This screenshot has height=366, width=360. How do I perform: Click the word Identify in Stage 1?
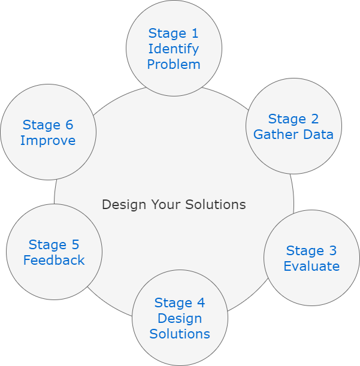(x=174, y=49)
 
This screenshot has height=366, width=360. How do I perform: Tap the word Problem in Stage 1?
(x=174, y=64)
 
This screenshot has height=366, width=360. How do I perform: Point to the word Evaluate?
(x=311, y=267)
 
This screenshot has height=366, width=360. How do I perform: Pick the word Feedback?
(x=54, y=261)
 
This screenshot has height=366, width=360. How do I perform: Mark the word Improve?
(x=48, y=141)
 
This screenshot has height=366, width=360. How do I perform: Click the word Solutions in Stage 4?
(x=180, y=334)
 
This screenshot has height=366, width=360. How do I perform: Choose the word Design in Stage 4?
(x=180, y=318)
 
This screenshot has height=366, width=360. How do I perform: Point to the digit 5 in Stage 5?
(x=75, y=244)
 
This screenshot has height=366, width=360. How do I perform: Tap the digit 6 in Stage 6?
(x=69, y=125)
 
